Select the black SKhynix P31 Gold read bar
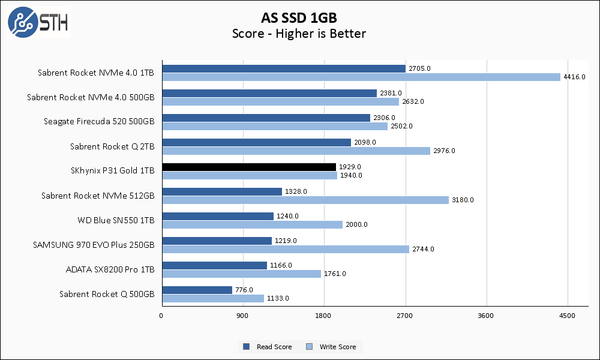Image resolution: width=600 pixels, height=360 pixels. coord(248,167)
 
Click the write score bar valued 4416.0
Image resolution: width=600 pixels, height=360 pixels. coord(361,77)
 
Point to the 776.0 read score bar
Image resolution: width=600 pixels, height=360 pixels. coord(197,290)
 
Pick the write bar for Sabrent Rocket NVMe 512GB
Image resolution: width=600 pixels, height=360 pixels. coord(305,200)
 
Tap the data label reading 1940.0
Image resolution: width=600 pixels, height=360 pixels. coord(352,175)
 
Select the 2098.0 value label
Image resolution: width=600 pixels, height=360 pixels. coord(365,142)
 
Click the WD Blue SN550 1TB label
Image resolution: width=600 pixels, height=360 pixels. coord(116,220)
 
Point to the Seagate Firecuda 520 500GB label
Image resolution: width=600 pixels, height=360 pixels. coord(99,122)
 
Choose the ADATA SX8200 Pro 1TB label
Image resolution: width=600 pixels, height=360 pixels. coord(110,269)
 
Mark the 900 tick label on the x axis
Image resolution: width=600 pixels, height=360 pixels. coord(242,316)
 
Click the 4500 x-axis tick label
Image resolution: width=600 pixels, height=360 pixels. coord(567,316)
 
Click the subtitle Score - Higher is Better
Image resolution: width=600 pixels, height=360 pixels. coord(299,34)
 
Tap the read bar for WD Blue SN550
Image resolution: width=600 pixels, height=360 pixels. coord(217,216)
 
